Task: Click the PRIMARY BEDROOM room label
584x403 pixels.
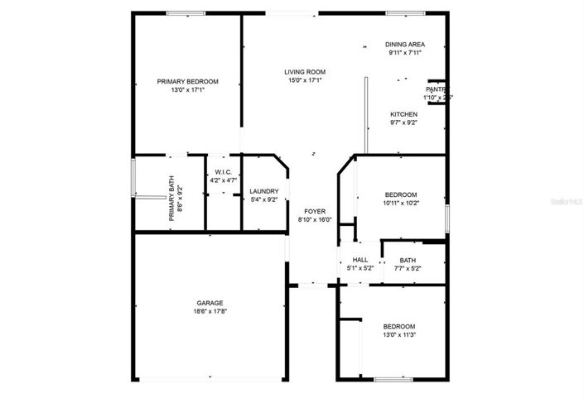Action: pyautogui.click(x=187, y=81)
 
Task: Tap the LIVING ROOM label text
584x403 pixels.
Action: pyautogui.click(x=305, y=72)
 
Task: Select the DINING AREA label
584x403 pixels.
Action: pyautogui.click(x=405, y=44)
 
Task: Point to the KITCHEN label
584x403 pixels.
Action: pyautogui.click(x=403, y=114)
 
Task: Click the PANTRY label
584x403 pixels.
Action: pyautogui.click(x=437, y=89)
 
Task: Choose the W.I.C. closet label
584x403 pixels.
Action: pyautogui.click(x=223, y=171)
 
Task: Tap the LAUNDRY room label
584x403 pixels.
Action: pyautogui.click(x=264, y=191)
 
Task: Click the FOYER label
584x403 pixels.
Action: pyautogui.click(x=315, y=211)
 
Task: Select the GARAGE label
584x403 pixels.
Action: pyautogui.click(x=210, y=303)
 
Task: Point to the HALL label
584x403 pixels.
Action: pyautogui.click(x=360, y=260)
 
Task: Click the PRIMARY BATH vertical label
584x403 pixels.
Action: pyautogui.click(x=172, y=199)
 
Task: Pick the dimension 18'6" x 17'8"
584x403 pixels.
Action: pyautogui.click(x=210, y=312)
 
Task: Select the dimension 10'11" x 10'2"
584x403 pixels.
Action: pyautogui.click(x=401, y=202)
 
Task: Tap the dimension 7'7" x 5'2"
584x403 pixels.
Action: pyautogui.click(x=408, y=268)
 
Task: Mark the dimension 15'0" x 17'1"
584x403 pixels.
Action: pyautogui.click(x=305, y=80)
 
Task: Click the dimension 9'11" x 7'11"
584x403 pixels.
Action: pyautogui.click(x=405, y=52)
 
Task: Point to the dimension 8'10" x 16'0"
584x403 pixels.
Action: pyautogui.click(x=315, y=219)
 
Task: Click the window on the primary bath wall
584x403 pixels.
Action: pyautogui.click(x=133, y=177)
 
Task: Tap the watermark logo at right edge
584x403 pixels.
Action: pyautogui.click(x=568, y=201)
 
